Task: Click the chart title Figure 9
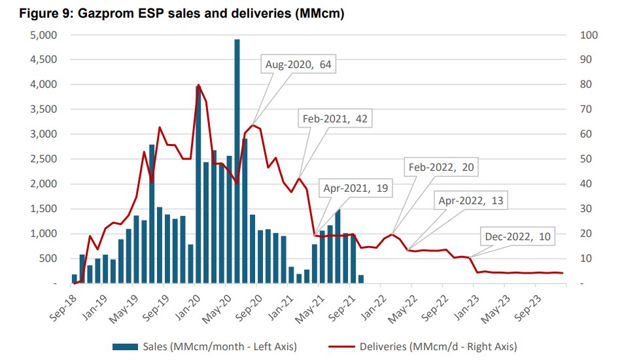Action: point(172,12)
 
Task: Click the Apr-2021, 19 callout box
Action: point(356,188)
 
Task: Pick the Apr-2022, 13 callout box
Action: point(471,200)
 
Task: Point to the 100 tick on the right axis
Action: point(587,35)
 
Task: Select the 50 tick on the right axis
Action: point(585,159)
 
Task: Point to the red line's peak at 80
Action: point(198,84)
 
